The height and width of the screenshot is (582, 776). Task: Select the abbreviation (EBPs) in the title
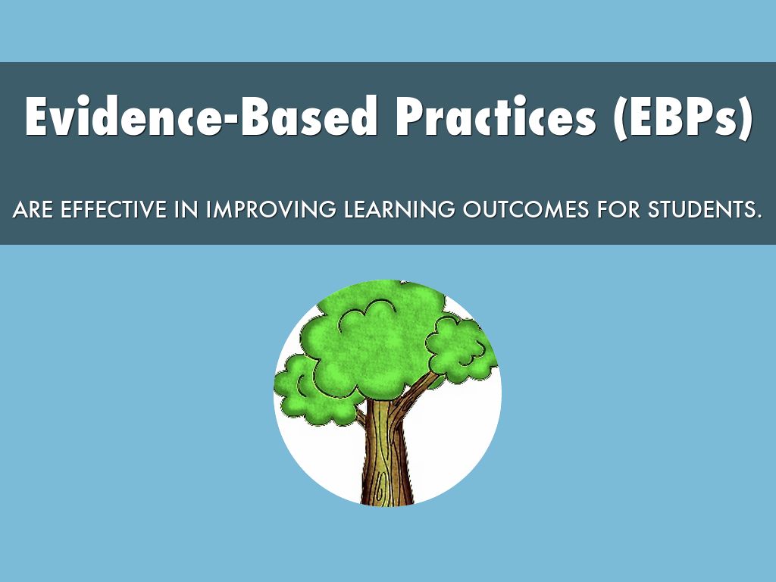[x=682, y=117]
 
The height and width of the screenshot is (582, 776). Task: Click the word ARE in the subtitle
[x=33, y=209]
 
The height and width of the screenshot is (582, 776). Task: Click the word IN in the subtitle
[x=186, y=209]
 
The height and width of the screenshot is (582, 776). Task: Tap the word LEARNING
[x=399, y=209]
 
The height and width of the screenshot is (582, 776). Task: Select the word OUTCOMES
[x=526, y=209]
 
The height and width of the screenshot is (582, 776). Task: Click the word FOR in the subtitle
[x=618, y=209]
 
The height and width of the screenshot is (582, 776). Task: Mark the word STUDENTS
[x=701, y=209]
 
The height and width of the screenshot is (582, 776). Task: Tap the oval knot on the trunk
[x=380, y=487]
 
